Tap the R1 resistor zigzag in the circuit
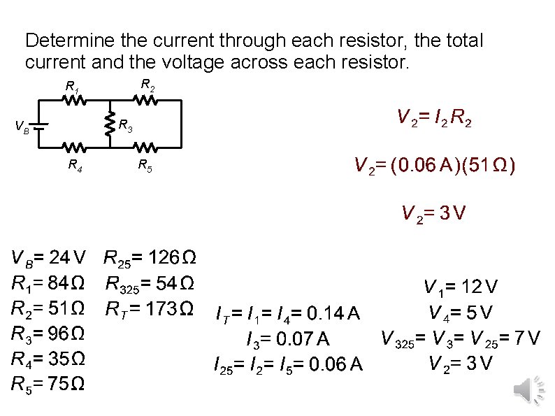(76, 101)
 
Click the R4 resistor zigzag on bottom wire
(76, 148)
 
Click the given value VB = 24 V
(48, 259)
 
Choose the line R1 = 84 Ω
(48, 284)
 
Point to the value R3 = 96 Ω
(48, 333)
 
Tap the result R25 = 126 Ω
(150, 259)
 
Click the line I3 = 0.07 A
(288, 340)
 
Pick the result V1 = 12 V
(460, 287)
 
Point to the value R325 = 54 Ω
(150, 284)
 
